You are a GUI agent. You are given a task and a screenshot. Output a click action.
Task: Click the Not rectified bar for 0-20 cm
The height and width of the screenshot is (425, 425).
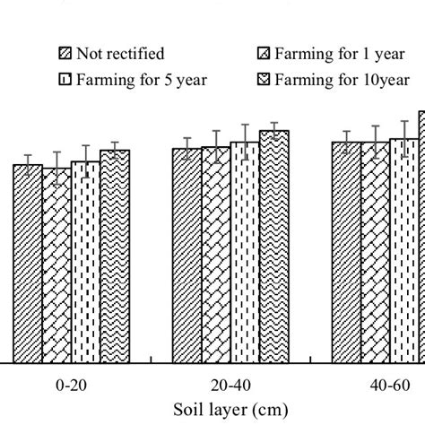tap(28, 264)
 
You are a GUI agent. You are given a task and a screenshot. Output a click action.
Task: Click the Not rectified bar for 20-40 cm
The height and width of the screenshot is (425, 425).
tap(186, 256)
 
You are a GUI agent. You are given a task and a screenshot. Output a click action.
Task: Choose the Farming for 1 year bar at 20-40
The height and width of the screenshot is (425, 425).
tap(215, 255)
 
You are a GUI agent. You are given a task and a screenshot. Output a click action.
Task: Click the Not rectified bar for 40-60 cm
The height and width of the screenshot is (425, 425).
tap(346, 252)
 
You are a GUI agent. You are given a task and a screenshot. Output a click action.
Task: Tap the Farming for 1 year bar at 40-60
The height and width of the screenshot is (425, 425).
tap(375, 252)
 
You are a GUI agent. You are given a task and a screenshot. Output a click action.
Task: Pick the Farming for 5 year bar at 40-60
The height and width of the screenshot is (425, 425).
tap(404, 251)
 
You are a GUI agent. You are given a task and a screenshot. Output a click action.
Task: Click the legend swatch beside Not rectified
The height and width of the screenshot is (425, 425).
tap(64, 53)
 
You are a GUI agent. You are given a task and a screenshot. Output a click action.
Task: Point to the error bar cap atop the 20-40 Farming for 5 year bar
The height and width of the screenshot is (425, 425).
tap(245, 126)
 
